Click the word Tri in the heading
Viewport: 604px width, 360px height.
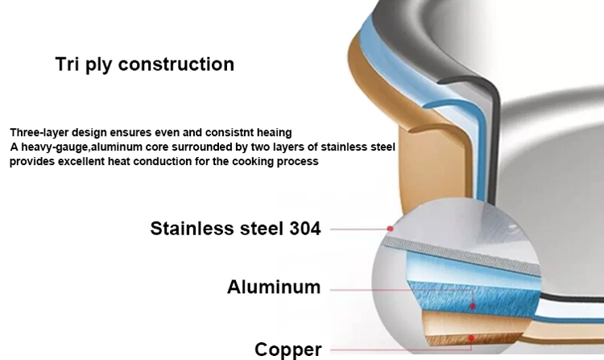[x=68, y=64]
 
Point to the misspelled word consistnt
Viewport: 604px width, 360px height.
[x=222, y=132]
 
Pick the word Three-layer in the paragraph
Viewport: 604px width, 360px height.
[x=39, y=132]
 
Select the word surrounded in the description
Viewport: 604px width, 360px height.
[x=213, y=147]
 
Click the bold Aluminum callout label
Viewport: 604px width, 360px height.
[x=274, y=287]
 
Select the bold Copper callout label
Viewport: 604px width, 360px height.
[x=288, y=349]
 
